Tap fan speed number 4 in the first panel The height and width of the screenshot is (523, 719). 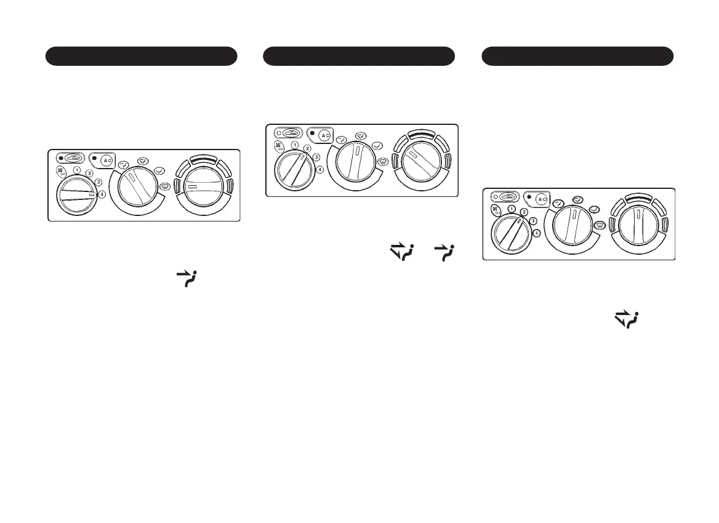click(102, 195)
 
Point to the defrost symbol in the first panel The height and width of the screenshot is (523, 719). click(164, 187)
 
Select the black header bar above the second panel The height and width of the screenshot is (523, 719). click(359, 55)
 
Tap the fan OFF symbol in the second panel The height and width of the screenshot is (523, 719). click(278, 147)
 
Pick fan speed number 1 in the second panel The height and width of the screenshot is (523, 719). click(295, 145)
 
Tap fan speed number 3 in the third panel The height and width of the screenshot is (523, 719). click(533, 221)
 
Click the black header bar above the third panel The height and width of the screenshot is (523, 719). click(577, 55)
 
